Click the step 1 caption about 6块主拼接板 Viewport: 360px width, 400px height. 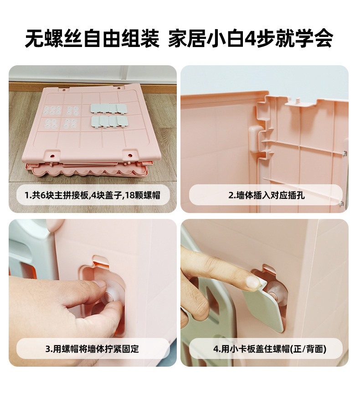click(x=93, y=195)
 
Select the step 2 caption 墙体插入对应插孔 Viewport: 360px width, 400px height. click(x=267, y=195)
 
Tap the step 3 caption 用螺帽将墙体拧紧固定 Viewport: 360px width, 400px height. click(x=93, y=349)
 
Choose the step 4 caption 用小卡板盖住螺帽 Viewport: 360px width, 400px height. click(x=270, y=349)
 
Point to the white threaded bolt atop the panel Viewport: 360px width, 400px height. click(x=297, y=99)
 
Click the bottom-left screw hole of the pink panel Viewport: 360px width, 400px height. click(x=53, y=156)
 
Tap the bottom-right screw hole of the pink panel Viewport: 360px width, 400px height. click(x=130, y=155)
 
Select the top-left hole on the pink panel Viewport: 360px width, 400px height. click(x=64, y=90)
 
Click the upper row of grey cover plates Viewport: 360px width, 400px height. click(x=109, y=108)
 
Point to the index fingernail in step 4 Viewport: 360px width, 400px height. click(x=254, y=283)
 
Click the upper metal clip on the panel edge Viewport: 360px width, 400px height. click(x=345, y=153)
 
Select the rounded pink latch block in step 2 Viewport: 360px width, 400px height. click(x=256, y=139)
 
